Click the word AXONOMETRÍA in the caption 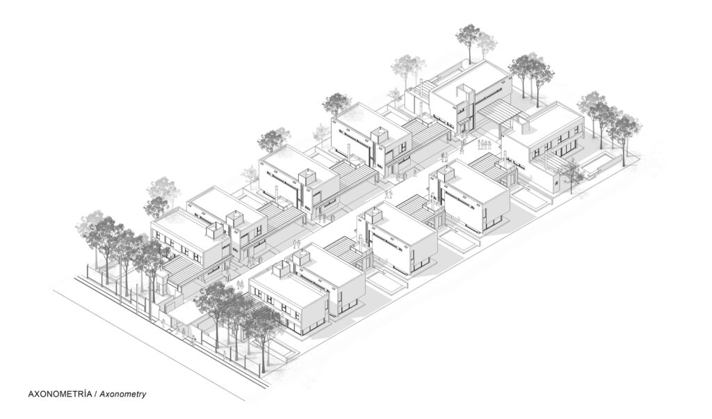60,394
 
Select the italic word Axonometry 123,395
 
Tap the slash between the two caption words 95,394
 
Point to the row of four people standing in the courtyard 485,145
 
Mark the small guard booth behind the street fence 161,284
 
